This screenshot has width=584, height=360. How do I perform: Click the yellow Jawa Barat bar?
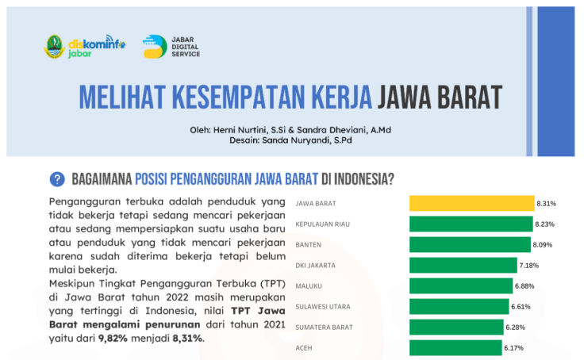pos(472,203)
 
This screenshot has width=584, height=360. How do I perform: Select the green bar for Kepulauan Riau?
pos(471,224)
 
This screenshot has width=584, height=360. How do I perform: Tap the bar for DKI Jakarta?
pos(463,265)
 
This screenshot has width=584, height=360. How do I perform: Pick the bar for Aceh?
pos(455,348)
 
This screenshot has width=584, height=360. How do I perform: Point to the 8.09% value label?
pos(543,245)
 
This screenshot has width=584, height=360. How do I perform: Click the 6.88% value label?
pos(524,286)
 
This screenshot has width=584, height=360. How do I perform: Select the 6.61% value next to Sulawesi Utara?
pos(521,307)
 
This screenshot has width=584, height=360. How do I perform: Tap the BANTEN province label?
pos(309,245)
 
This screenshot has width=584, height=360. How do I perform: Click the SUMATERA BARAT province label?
pos(324,327)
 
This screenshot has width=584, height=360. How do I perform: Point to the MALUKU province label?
pos(309,286)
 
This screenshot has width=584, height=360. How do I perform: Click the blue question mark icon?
pos(57,179)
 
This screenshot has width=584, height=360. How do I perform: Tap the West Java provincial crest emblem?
pos(55,47)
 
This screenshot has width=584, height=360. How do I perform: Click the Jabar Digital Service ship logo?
pos(155,47)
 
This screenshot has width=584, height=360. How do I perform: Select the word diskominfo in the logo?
pos(97,44)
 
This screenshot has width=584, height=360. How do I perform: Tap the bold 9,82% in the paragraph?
pos(113,339)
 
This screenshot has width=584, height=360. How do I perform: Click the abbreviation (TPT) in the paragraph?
pos(273,284)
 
